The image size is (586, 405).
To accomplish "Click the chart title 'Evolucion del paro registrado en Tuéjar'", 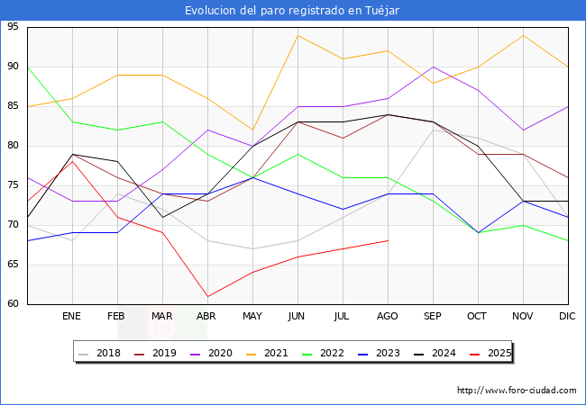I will [292, 11].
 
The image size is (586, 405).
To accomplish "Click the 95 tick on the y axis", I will [15, 27].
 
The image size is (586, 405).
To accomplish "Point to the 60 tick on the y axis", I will [15, 304].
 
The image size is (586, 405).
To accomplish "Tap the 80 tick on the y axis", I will [15, 146].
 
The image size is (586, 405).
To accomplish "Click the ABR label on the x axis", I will [207, 317].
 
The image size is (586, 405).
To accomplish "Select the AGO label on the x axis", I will [388, 317].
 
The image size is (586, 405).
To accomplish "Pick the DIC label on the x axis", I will [568, 317].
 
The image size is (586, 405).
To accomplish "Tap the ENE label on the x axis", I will [72, 317].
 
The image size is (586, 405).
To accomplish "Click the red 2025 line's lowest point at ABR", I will [207, 296].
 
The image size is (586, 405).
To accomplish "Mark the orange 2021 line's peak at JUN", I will [298, 35].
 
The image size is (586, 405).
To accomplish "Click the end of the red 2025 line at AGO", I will [388, 240].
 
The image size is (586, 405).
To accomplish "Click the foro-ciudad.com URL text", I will [517, 391].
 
